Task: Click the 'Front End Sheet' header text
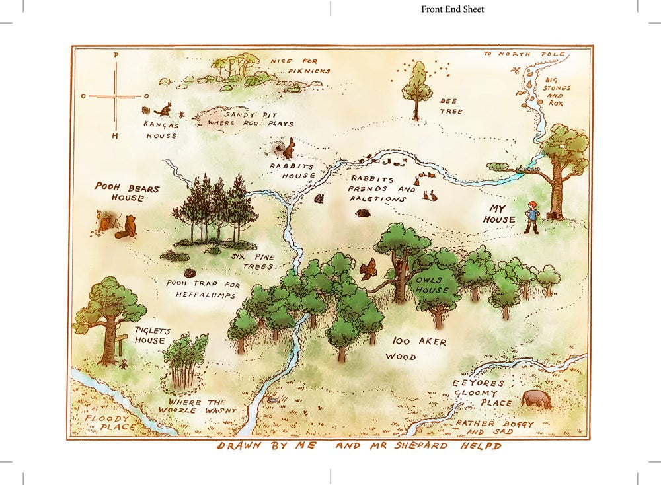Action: point(453,9)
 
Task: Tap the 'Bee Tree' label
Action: point(451,106)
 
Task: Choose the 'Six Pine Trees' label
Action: point(250,260)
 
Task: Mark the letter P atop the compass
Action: point(116,55)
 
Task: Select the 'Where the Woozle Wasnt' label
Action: point(196,406)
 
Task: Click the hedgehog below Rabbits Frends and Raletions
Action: point(364,213)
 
